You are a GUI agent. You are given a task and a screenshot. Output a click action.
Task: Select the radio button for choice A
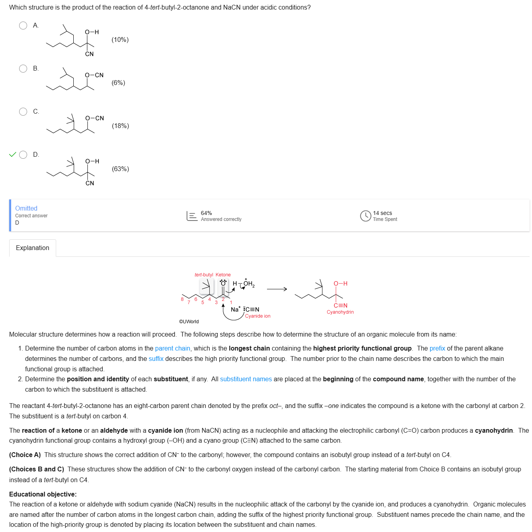[23, 26]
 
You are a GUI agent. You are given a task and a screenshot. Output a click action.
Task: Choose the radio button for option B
[23, 69]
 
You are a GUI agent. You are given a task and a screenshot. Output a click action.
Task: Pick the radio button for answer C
[23, 112]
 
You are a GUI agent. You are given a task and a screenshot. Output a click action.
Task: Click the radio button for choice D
[24, 155]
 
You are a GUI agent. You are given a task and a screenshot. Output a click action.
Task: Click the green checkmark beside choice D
[13, 155]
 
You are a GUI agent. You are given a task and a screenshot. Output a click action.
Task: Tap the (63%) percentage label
[120, 169]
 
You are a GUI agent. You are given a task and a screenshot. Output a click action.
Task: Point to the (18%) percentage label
[120, 126]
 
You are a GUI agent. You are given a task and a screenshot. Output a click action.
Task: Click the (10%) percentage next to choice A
[120, 40]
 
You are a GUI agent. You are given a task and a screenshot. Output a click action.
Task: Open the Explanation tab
[33, 248]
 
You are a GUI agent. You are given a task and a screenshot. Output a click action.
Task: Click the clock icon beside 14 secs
[365, 216]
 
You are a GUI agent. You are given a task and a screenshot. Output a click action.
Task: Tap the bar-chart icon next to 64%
[192, 216]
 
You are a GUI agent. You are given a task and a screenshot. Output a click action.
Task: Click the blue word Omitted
[26, 208]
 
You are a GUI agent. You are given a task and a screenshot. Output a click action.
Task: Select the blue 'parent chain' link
[173, 349]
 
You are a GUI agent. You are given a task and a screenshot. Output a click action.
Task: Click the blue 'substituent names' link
[246, 379]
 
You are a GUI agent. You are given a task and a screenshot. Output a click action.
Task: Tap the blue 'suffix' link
[156, 359]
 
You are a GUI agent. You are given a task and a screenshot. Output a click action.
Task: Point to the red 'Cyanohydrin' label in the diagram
[340, 312]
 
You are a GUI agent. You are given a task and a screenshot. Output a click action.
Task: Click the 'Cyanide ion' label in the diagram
[257, 316]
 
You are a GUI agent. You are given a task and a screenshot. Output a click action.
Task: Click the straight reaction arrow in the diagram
[277, 289]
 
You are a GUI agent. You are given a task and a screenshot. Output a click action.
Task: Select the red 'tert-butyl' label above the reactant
[204, 275]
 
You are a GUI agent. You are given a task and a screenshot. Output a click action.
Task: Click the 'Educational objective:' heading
[43, 495]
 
